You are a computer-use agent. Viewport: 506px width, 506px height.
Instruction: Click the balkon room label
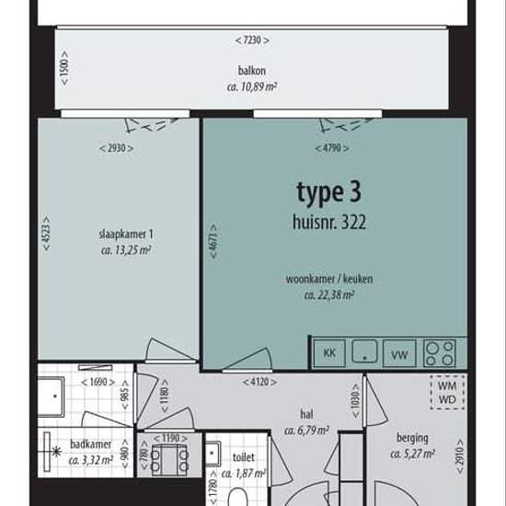point(252,71)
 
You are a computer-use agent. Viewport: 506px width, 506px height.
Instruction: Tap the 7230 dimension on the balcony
point(252,40)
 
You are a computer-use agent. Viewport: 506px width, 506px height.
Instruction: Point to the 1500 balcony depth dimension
point(64,68)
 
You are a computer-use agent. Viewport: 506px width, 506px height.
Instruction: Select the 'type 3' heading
point(328,193)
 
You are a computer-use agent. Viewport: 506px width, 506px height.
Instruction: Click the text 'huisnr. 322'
point(329,223)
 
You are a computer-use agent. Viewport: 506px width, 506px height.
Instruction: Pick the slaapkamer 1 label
point(126,235)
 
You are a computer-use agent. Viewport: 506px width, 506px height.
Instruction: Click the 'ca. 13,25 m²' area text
point(126,250)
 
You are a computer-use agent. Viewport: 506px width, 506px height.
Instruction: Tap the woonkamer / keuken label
point(329,279)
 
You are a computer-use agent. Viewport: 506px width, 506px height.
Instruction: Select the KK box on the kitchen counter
point(329,353)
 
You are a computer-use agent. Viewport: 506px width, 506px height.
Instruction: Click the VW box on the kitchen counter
point(399,353)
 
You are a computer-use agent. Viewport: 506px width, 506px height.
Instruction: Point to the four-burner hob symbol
point(439,353)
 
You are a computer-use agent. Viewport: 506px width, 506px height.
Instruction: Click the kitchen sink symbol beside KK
point(364,351)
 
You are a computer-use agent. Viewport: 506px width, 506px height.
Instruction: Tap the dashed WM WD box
point(447,393)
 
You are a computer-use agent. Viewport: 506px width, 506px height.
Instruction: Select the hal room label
point(306,414)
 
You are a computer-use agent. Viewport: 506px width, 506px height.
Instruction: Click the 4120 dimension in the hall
point(259,382)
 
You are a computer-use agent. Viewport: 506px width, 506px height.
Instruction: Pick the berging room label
point(412,439)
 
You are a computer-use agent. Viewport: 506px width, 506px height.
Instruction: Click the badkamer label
point(91,444)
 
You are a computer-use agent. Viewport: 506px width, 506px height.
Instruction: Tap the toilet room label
point(243,457)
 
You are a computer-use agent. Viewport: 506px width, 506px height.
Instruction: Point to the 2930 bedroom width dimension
point(116,148)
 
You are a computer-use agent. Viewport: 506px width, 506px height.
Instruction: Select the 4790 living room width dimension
point(332,148)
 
